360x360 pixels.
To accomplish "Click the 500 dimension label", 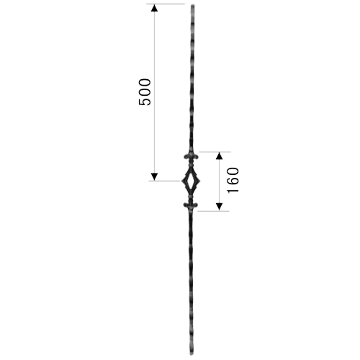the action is (145, 92).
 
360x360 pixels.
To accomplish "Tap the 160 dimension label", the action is (233, 180).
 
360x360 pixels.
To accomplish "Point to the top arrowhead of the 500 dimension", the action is (154, 8).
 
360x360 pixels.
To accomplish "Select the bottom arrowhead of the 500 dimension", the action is (154, 176).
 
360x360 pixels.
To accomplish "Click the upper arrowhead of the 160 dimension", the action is (219, 156).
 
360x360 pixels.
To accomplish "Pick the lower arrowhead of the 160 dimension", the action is (219, 207).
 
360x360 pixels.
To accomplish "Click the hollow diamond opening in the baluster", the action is (191, 181).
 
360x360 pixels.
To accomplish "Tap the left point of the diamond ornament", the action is (181, 181).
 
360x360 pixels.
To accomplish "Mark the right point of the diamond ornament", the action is (200, 181).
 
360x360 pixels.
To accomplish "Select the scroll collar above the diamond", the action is (192, 157).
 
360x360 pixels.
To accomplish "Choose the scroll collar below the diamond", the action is (191, 205).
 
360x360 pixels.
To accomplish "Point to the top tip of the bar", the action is (192, 4).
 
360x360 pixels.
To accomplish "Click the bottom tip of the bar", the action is (191, 355).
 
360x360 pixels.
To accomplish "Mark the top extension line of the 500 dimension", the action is (166, 4).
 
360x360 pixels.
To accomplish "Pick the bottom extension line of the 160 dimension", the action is (213, 211).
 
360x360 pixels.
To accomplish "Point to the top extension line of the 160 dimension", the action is (215, 152).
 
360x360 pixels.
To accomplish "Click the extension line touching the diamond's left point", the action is (165, 181).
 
